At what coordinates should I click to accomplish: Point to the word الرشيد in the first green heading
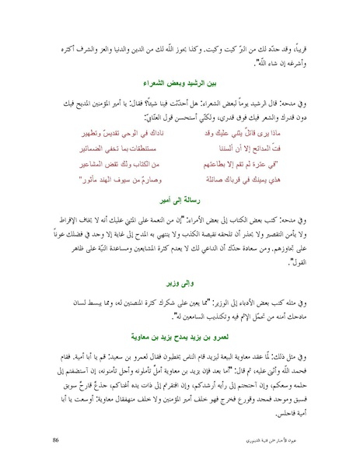(201, 81)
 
